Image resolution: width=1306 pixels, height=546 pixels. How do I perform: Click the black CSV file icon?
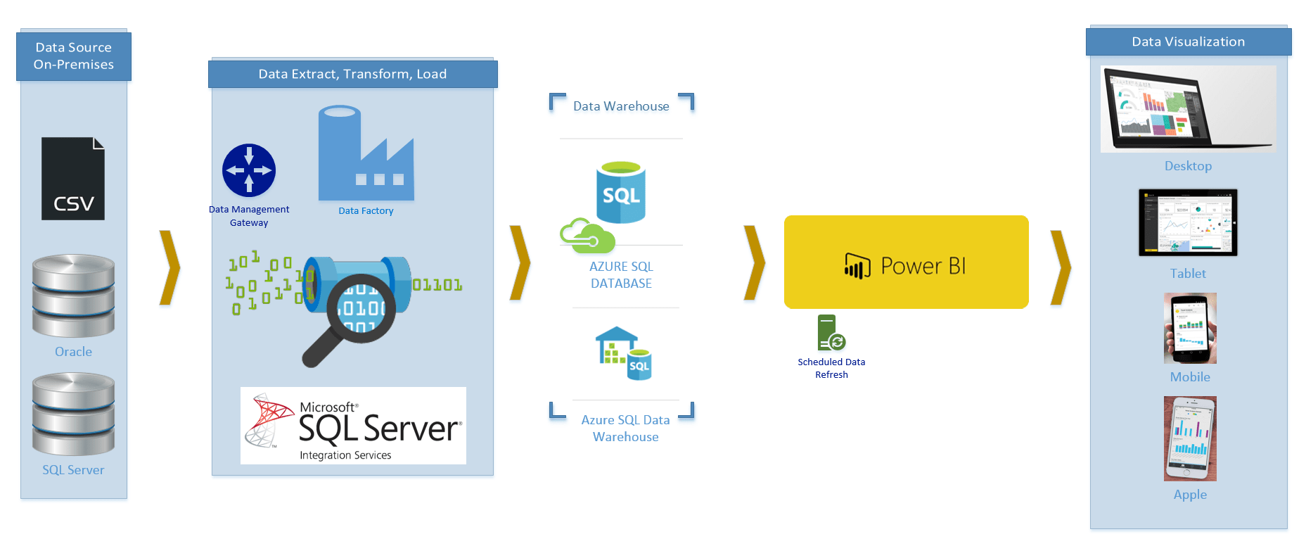pyautogui.click(x=73, y=179)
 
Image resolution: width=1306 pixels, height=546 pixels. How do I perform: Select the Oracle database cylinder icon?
pyautogui.click(x=73, y=296)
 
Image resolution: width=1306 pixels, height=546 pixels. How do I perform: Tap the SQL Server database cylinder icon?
pyautogui.click(x=73, y=414)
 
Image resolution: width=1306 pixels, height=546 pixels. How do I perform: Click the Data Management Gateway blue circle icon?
pyautogui.click(x=249, y=170)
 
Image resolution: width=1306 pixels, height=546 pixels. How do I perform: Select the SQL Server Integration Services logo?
pyautogui.click(x=353, y=426)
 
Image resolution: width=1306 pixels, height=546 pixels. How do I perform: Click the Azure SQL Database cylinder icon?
pyautogui.click(x=621, y=193)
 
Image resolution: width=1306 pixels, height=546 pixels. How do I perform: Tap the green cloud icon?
pyautogui.click(x=587, y=236)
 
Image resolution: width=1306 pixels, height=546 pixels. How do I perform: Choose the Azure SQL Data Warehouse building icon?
pyautogui.click(x=624, y=353)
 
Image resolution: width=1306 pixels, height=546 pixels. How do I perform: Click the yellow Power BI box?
pyautogui.click(x=907, y=262)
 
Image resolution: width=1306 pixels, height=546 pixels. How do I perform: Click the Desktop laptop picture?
pyautogui.click(x=1189, y=109)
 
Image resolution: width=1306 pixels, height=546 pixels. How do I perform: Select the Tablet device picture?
pyautogui.click(x=1188, y=222)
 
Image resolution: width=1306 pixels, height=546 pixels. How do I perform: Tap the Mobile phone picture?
pyautogui.click(x=1190, y=329)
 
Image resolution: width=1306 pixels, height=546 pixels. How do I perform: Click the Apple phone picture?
pyautogui.click(x=1190, y=439)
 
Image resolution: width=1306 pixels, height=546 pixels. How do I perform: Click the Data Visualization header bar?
pyautogui.click(x=1189, y=42)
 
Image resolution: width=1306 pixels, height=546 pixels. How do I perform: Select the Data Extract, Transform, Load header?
pyautogui.click(x=353, y=74)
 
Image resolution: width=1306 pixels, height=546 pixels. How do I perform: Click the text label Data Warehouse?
pyautogui.click(x=621, y=106)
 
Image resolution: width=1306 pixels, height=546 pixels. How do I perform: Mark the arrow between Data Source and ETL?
pyautogui.click(x=169, y=267)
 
